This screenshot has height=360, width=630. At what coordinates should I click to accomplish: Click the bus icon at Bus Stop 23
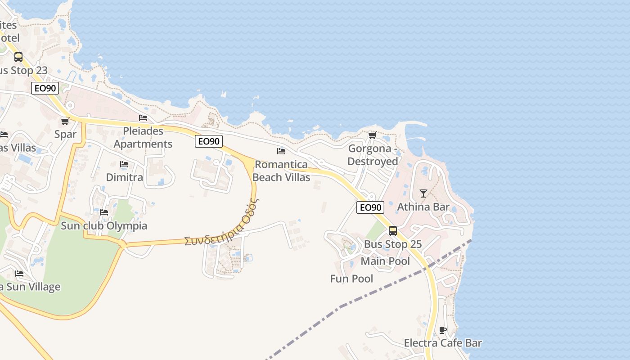18,57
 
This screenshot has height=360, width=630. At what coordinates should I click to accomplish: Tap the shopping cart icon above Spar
65,121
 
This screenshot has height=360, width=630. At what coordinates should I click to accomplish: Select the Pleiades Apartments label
143,138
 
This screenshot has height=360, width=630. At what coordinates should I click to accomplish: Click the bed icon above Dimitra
124,165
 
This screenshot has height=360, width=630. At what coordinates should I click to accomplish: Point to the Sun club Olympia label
104,225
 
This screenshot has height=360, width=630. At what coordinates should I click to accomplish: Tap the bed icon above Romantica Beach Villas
281,151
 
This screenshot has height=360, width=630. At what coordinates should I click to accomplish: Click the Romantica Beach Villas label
281,171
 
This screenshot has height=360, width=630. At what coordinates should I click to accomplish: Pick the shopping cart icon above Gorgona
372,135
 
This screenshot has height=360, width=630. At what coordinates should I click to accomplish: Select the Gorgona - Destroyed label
373,155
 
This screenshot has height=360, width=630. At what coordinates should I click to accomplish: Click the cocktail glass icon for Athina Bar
423,193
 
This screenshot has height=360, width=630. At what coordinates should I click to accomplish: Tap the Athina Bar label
423,207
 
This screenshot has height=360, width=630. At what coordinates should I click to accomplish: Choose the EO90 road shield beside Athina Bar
370,207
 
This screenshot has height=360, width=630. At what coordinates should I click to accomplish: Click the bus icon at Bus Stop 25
393,231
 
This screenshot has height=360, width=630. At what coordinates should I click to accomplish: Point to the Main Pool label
385,261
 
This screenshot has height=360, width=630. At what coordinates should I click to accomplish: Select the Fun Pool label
351,279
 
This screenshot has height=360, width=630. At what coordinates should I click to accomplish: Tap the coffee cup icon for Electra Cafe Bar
443,330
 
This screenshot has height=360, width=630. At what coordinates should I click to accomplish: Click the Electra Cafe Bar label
443,343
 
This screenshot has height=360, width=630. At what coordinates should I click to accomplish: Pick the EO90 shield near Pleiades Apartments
209,141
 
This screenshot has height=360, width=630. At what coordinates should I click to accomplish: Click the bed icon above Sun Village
19,274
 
